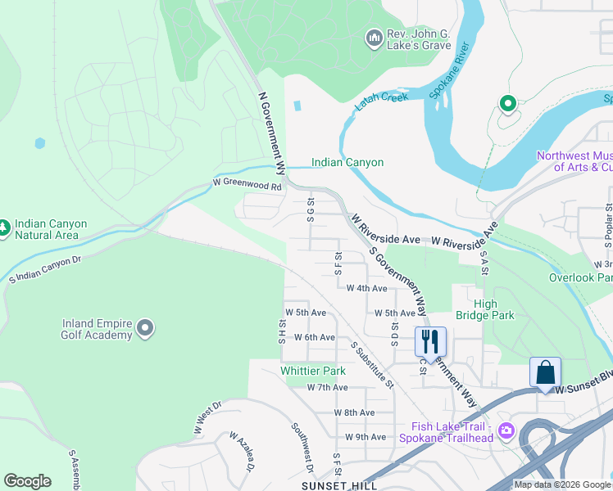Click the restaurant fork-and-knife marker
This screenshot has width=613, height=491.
click(x=430, y=340)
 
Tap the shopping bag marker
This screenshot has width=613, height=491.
click(x=545, y=372)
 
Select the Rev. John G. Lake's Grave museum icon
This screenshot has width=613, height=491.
click(x=374, y=38)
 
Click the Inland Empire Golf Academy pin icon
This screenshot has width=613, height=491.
click(x=145, y=328)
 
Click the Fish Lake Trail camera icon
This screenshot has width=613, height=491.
click(x=506, y=430)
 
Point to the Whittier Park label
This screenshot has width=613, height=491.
click(x=313, y=371)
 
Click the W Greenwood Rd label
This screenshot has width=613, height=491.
click(x=247, y=186)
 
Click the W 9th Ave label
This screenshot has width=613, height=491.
click(x=366, y=437)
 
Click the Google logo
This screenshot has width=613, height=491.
click(x=27, y=481)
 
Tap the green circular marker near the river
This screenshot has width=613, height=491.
click(x=507, y=104)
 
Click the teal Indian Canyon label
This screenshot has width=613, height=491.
click(x=347, y=163)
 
